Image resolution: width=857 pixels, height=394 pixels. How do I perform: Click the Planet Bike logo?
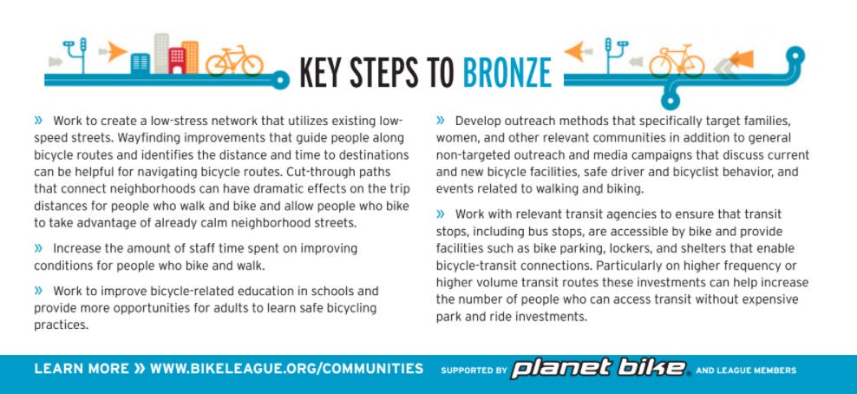point(599,370)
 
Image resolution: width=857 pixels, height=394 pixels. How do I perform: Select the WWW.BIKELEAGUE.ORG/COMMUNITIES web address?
point(286,369)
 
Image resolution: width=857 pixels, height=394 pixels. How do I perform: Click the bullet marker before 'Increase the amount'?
point(38,248)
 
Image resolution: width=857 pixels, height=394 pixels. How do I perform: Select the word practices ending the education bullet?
point(61,325)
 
